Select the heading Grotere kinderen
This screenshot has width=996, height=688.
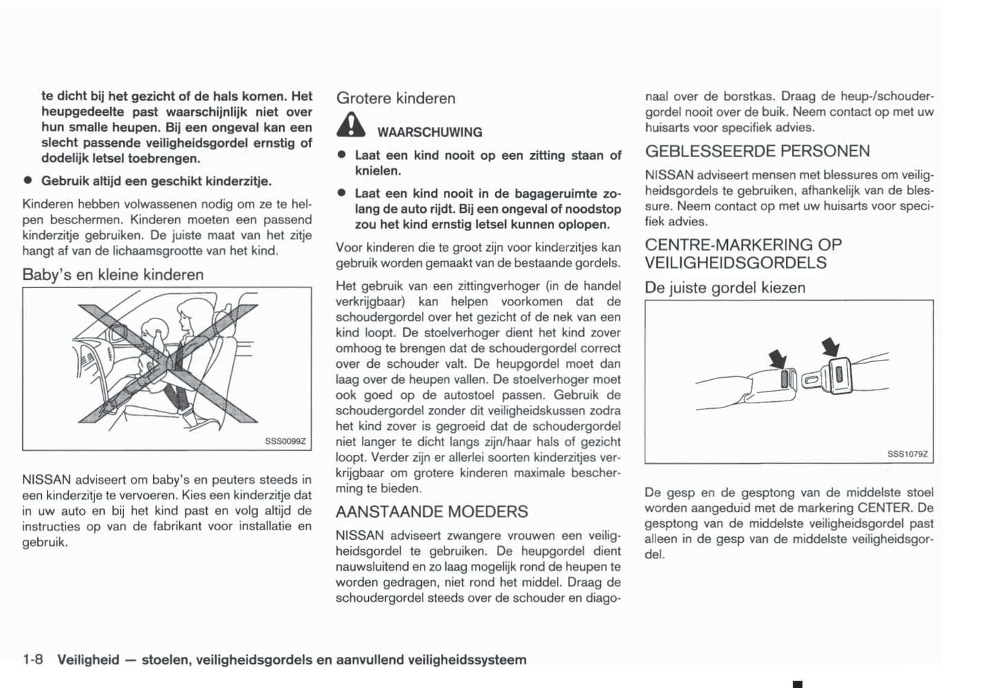pyautogui.click(x=396, y=99)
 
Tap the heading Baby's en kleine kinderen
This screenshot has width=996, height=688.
pyautogui.click(x=113, y=274)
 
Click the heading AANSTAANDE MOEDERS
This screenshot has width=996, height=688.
pyautogui.click(x=431, y=512)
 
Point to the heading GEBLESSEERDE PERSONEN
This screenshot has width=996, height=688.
pyautogui.click(x=757, y=151)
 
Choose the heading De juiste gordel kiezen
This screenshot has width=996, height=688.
pyautogui.click(x=724, y=287)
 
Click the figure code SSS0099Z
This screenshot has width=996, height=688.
pyautogui.click(x=285, y=441)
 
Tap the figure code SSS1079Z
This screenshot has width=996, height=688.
pyautogui.click(x=907, y=454)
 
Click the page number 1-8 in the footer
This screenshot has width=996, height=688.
pyautogui.click(x=33, y=660)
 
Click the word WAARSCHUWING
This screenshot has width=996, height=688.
pyautogui.click(x=429, y=132)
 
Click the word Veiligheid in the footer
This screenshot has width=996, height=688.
pyautogui.click(x=88, y=660)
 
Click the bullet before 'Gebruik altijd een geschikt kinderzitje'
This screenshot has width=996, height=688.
pyautogui.click(x=28, y=181)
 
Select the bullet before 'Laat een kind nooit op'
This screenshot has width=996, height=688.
pyautogui.click(x=341, y=156)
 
